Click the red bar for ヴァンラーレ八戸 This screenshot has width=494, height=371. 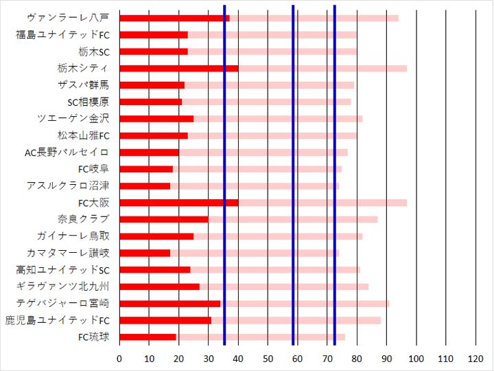pyautogui.click(x=174, y=18)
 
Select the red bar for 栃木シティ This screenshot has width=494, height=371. pyautogui.click(x=178, y=68)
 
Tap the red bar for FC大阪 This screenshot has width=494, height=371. pyautogui.click(x=178, y=203)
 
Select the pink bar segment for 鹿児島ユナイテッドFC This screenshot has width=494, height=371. pyautogui.click(x=296, y=320)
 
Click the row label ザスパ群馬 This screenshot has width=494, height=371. pyautogui.click(x=83, y=85)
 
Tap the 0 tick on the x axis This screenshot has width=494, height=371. pyautogui.click(x=119, y=358)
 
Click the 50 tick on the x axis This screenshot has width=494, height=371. pyautogui.click(x=268, y=358)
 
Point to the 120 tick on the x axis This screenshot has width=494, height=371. pyautogui.click(x=476, y=358)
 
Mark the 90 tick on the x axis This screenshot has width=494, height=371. pyautogui.click(x=387, y=358)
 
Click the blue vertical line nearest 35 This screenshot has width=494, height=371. pyautogui.click(x=224, y=172)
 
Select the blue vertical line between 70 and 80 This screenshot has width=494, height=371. pyautogui.click(x=334, y=172)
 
